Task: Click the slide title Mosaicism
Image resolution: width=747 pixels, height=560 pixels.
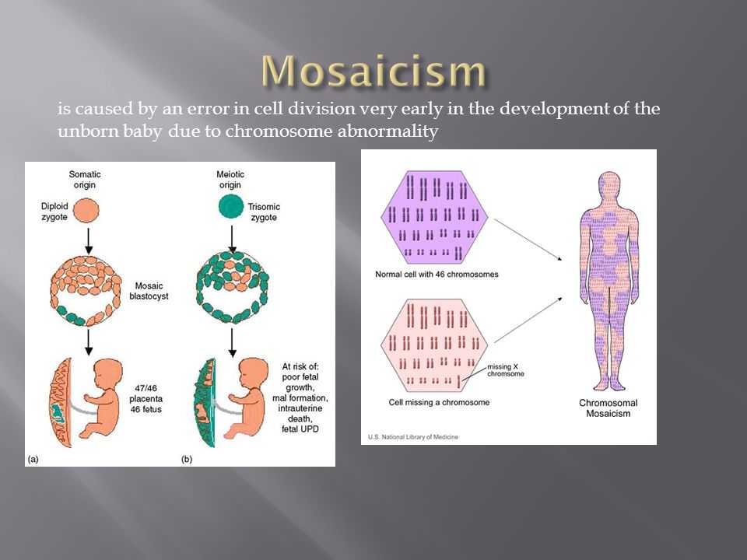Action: (373, 71)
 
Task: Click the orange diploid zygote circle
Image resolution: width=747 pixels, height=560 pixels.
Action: (86, 211)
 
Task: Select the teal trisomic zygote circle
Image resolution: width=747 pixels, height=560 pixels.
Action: (231, 207)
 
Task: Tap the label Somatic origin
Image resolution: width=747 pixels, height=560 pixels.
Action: (85, 180)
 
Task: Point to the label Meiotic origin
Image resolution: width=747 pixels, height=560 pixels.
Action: (230, 180)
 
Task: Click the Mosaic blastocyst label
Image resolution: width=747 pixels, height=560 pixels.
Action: (149, 290)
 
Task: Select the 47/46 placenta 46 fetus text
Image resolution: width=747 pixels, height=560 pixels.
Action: (146, 398)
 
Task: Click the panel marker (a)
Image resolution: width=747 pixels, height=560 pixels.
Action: (33, 459)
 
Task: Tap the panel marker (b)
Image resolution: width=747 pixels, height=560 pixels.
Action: (187, 459)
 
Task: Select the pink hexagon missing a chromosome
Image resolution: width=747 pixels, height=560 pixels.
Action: (434, 345)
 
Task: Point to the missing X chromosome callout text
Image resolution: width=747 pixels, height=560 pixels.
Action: (506, 370)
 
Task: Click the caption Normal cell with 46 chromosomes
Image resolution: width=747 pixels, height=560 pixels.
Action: (437, 275)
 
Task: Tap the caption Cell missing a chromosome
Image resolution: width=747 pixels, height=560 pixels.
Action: (439, 402)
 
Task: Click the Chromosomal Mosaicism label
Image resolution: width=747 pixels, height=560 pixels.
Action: (608, 408)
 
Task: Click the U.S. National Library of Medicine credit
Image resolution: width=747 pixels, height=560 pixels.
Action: (413, 436)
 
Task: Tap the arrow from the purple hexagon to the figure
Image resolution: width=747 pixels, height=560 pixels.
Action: (528, 240)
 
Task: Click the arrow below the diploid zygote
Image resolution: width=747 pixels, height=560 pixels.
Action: (88, 241)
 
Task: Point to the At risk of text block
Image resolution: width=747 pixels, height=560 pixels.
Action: (300, 397)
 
